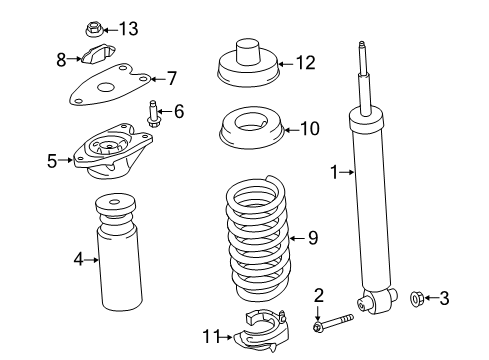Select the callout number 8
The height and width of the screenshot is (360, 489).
[x=62, y=59]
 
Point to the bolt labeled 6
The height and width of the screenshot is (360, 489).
[x=154, y=118]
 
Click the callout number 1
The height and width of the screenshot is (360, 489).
[x=335, y=171]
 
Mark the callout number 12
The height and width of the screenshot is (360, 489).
[x=305, y=63]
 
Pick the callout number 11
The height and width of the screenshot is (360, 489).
[x=211, y=337]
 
